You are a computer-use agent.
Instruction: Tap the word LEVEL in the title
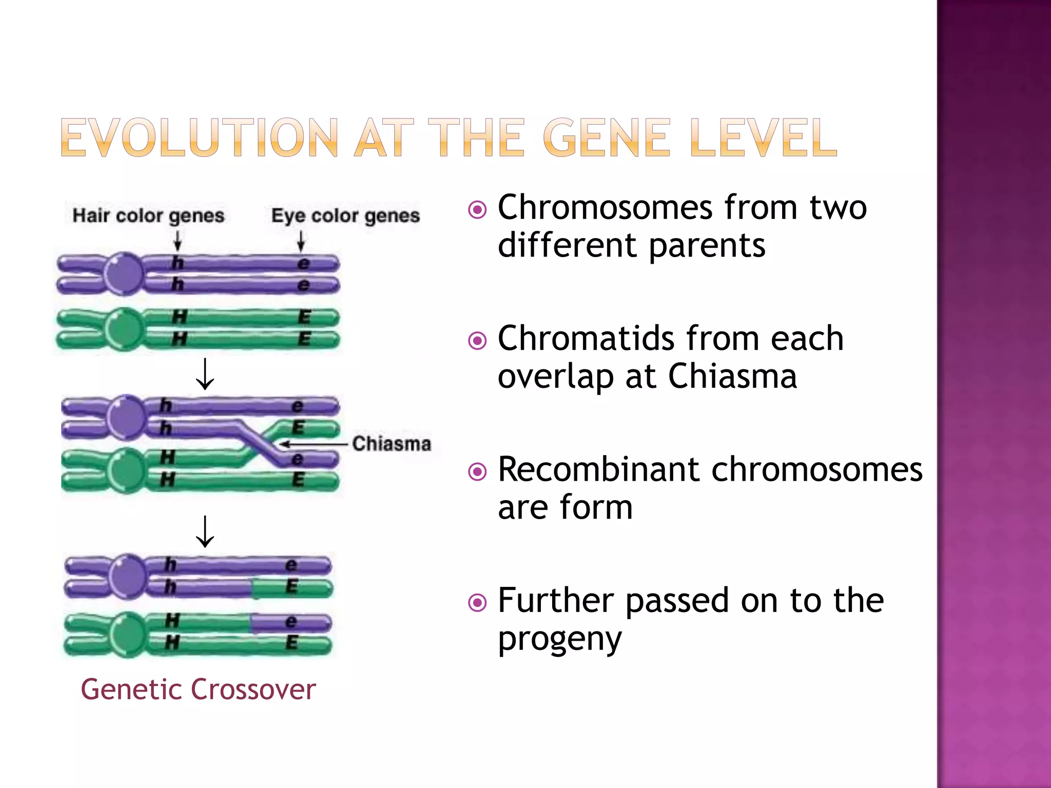click(x=763, y=137)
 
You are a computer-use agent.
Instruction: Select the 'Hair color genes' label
click(x=148, y=215)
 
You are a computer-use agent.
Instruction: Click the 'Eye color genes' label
click(x=345, y=215)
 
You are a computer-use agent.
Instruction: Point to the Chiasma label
click(x=392, y=444)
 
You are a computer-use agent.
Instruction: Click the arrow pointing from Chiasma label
click(x=313, y=444)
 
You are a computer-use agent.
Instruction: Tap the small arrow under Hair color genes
click(x=178, y=241)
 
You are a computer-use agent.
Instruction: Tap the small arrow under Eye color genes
click(x=301, y=241)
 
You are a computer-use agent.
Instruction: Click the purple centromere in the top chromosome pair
click(x=124, y=273)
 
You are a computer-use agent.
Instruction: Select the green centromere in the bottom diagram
click(x=126, y=634)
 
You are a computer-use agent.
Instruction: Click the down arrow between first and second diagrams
click(x=205, y=374)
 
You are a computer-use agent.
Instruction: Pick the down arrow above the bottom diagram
click(x=205, y=531)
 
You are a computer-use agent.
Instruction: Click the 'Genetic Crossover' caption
click(x=198, y=689)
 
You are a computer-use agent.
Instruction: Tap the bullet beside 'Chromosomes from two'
click(x=477, y=209)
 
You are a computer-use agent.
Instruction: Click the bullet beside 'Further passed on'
click(x=477, y=602)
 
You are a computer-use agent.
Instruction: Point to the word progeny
click(x=560, y=639)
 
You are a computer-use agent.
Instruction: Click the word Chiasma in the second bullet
click(x=732, y=377)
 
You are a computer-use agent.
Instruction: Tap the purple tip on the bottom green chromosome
click(x=291, y=623)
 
